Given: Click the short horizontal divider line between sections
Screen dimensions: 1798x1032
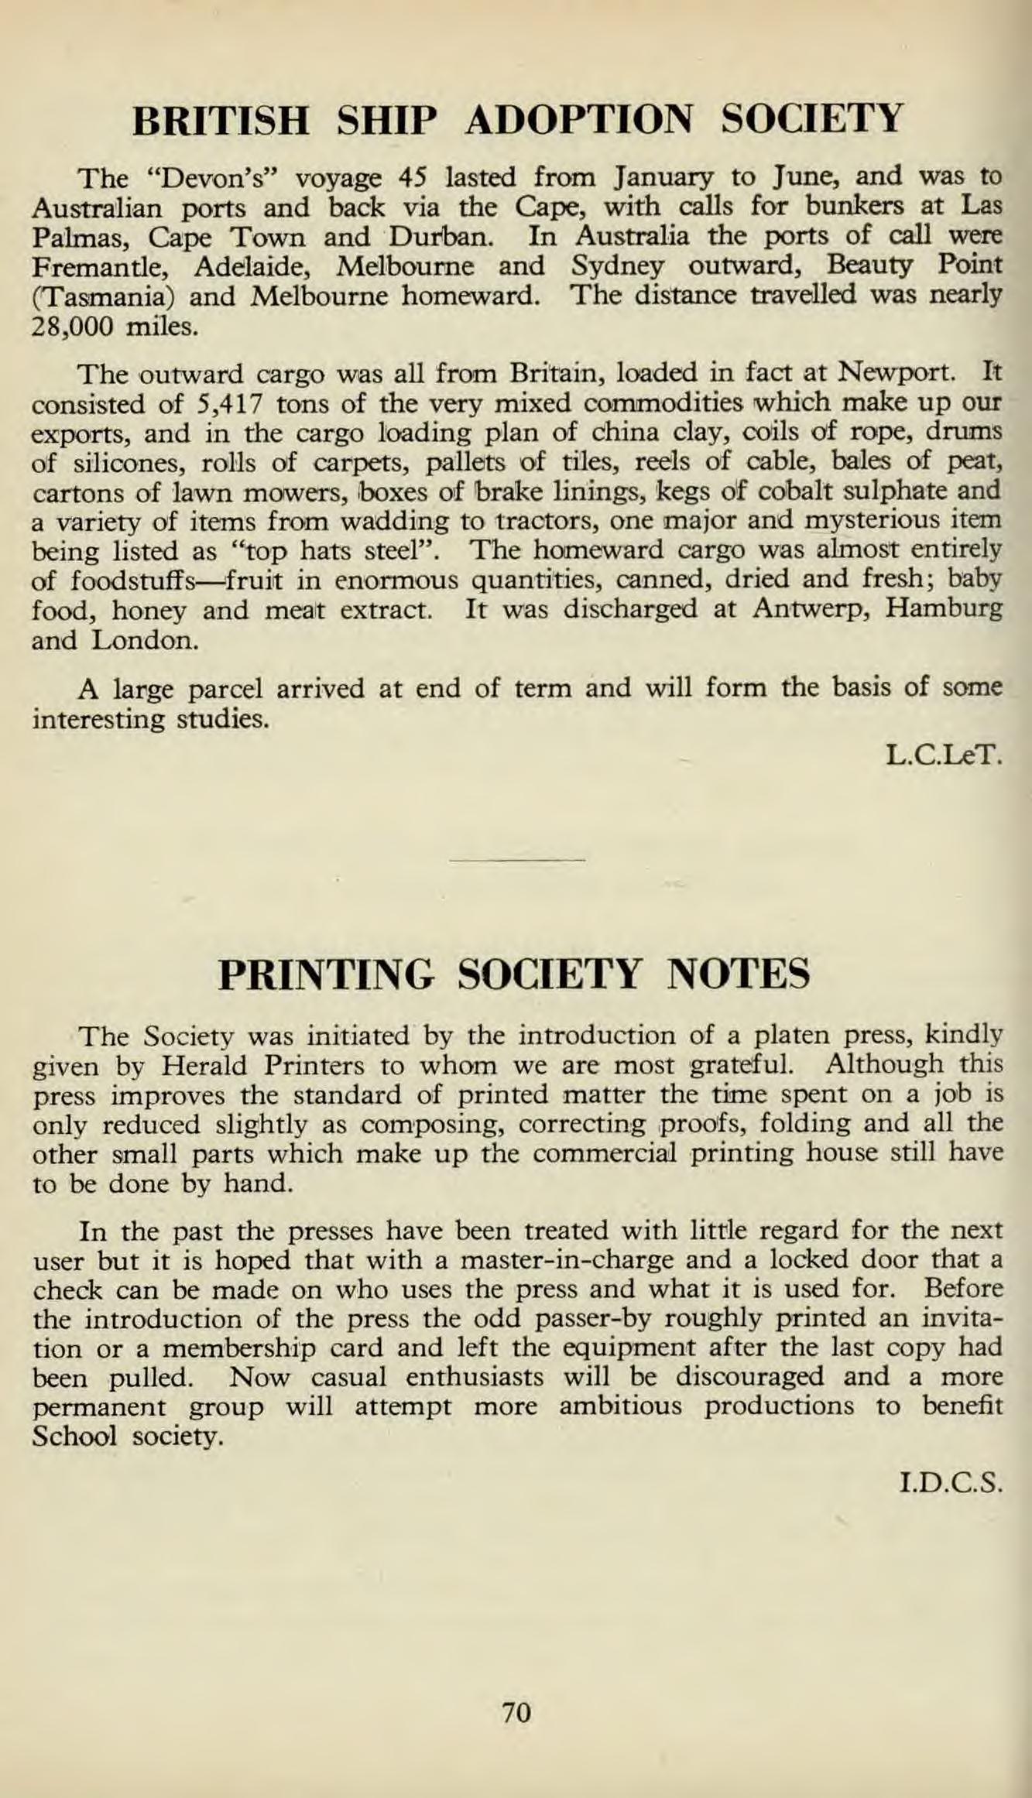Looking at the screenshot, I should tap(517, 859).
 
